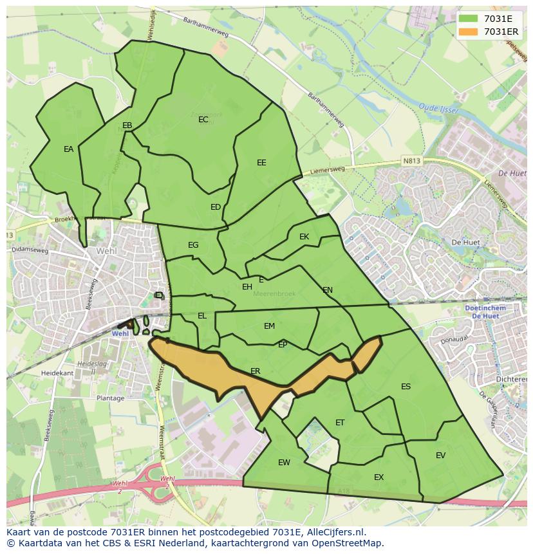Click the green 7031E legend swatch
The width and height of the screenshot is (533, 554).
point(469,19)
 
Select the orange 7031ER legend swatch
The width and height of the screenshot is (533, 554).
point(469,32)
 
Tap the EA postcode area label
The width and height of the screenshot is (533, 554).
point(68,149)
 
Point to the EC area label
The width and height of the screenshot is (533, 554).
point(203,120)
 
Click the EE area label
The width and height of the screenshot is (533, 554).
point(261,163)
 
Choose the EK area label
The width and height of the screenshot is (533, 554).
point(304,237)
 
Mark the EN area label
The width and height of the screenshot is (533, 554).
point(328,290)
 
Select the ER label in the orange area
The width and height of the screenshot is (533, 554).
point(256,371)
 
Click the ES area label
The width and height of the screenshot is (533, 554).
point(406,387)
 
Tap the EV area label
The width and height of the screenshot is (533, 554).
point(440,456)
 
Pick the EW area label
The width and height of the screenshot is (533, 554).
point(284,463)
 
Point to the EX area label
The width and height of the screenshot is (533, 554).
point(379,477)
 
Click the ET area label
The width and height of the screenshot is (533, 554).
point(340,423)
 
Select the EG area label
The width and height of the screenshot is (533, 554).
point(193,245)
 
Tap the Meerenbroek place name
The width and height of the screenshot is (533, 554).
point(274,293)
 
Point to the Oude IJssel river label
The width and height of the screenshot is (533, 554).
point(438,109)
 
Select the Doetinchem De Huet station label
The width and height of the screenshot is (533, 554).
point(485,312)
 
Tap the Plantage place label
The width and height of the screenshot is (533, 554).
point(110,398)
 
